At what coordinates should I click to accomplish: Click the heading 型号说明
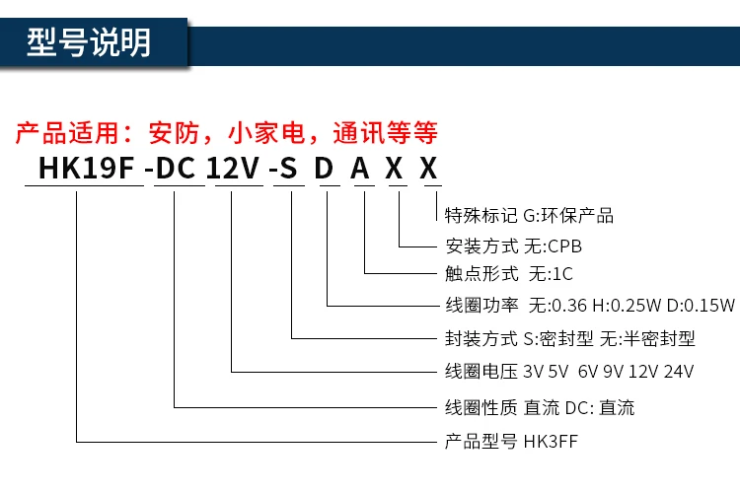click(90, 43)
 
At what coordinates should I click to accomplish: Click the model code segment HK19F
click(84, 170)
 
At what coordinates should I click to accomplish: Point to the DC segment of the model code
click(176, 170)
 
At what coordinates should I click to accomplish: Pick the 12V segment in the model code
click(231, 170)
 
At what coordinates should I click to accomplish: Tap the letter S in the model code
click(291, 170)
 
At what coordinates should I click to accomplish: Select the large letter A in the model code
click(361, 170)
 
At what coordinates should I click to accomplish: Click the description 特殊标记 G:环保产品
click(529, 216)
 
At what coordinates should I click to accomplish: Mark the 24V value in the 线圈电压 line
click(678, 372)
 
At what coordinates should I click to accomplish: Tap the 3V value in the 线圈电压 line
click(533, 372)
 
